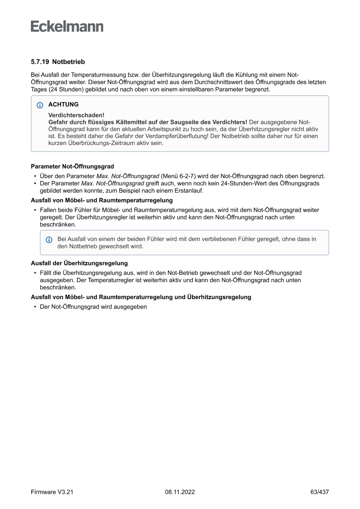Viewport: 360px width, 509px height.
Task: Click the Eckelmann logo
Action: tap(67, 27)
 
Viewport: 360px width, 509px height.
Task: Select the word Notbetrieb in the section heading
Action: tap(68, 62)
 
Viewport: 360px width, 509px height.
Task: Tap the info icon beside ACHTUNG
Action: tap(40, 105)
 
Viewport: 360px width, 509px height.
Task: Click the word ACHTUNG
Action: tap(64, 104)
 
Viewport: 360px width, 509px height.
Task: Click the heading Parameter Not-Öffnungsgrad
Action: tap(72, 166)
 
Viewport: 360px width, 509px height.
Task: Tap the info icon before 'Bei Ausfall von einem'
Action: tap(49, 239)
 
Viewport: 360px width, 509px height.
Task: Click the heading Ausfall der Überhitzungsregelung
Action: tap(79, 263)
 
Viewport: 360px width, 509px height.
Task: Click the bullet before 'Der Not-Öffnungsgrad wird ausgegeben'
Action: tap(35, 307)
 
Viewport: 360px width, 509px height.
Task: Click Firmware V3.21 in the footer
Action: tap(52, 492)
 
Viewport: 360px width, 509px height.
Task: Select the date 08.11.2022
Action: tap(180, 492)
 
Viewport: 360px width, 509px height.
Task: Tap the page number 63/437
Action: tap(319, 492)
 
